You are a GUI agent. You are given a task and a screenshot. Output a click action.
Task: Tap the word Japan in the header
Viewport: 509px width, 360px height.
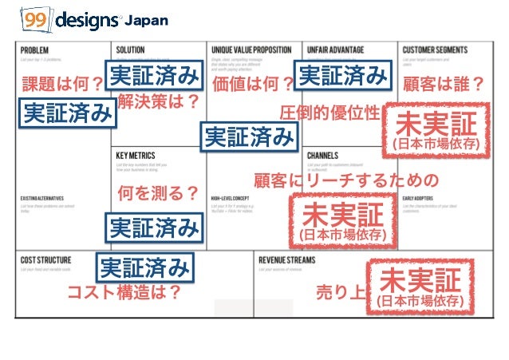click(x=148, y=21)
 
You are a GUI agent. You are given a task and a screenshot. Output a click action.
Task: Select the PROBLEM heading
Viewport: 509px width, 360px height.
click(x=35, y=50)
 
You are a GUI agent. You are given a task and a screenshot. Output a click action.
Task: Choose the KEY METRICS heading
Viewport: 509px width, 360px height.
click(x=135, y=156)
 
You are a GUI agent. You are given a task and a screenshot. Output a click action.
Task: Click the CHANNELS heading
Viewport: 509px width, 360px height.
click(x=324, y=156)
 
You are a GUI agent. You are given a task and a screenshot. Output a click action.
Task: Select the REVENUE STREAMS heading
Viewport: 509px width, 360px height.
click(x=288, y=260)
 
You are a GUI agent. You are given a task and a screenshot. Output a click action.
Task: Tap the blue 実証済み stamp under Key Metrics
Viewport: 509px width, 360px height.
click(x=153, y=228)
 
